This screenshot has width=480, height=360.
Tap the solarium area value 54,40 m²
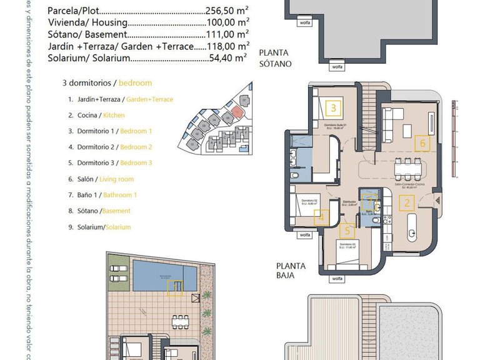coord(230,58)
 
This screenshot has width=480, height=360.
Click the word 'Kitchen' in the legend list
coord(114,116)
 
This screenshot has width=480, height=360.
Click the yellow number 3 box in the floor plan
coord(334,109)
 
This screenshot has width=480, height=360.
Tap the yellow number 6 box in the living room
coord(423,143)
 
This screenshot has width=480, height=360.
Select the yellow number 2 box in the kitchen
coord(407,202)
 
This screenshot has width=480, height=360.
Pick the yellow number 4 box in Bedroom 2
coord(321,217)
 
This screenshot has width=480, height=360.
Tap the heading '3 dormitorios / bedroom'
coord(107,83)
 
